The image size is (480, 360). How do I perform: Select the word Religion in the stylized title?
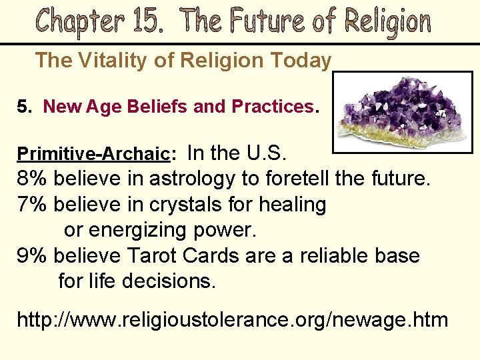click(387, 22)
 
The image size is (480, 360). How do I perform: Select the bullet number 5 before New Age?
click(23, 107)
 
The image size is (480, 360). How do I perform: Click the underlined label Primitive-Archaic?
click(93, 153)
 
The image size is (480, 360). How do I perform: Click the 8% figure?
click(32, 179)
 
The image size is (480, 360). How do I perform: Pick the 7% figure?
click(32, 204)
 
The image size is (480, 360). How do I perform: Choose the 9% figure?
click(32, 255)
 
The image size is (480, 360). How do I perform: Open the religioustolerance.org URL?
click(232, 319)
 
